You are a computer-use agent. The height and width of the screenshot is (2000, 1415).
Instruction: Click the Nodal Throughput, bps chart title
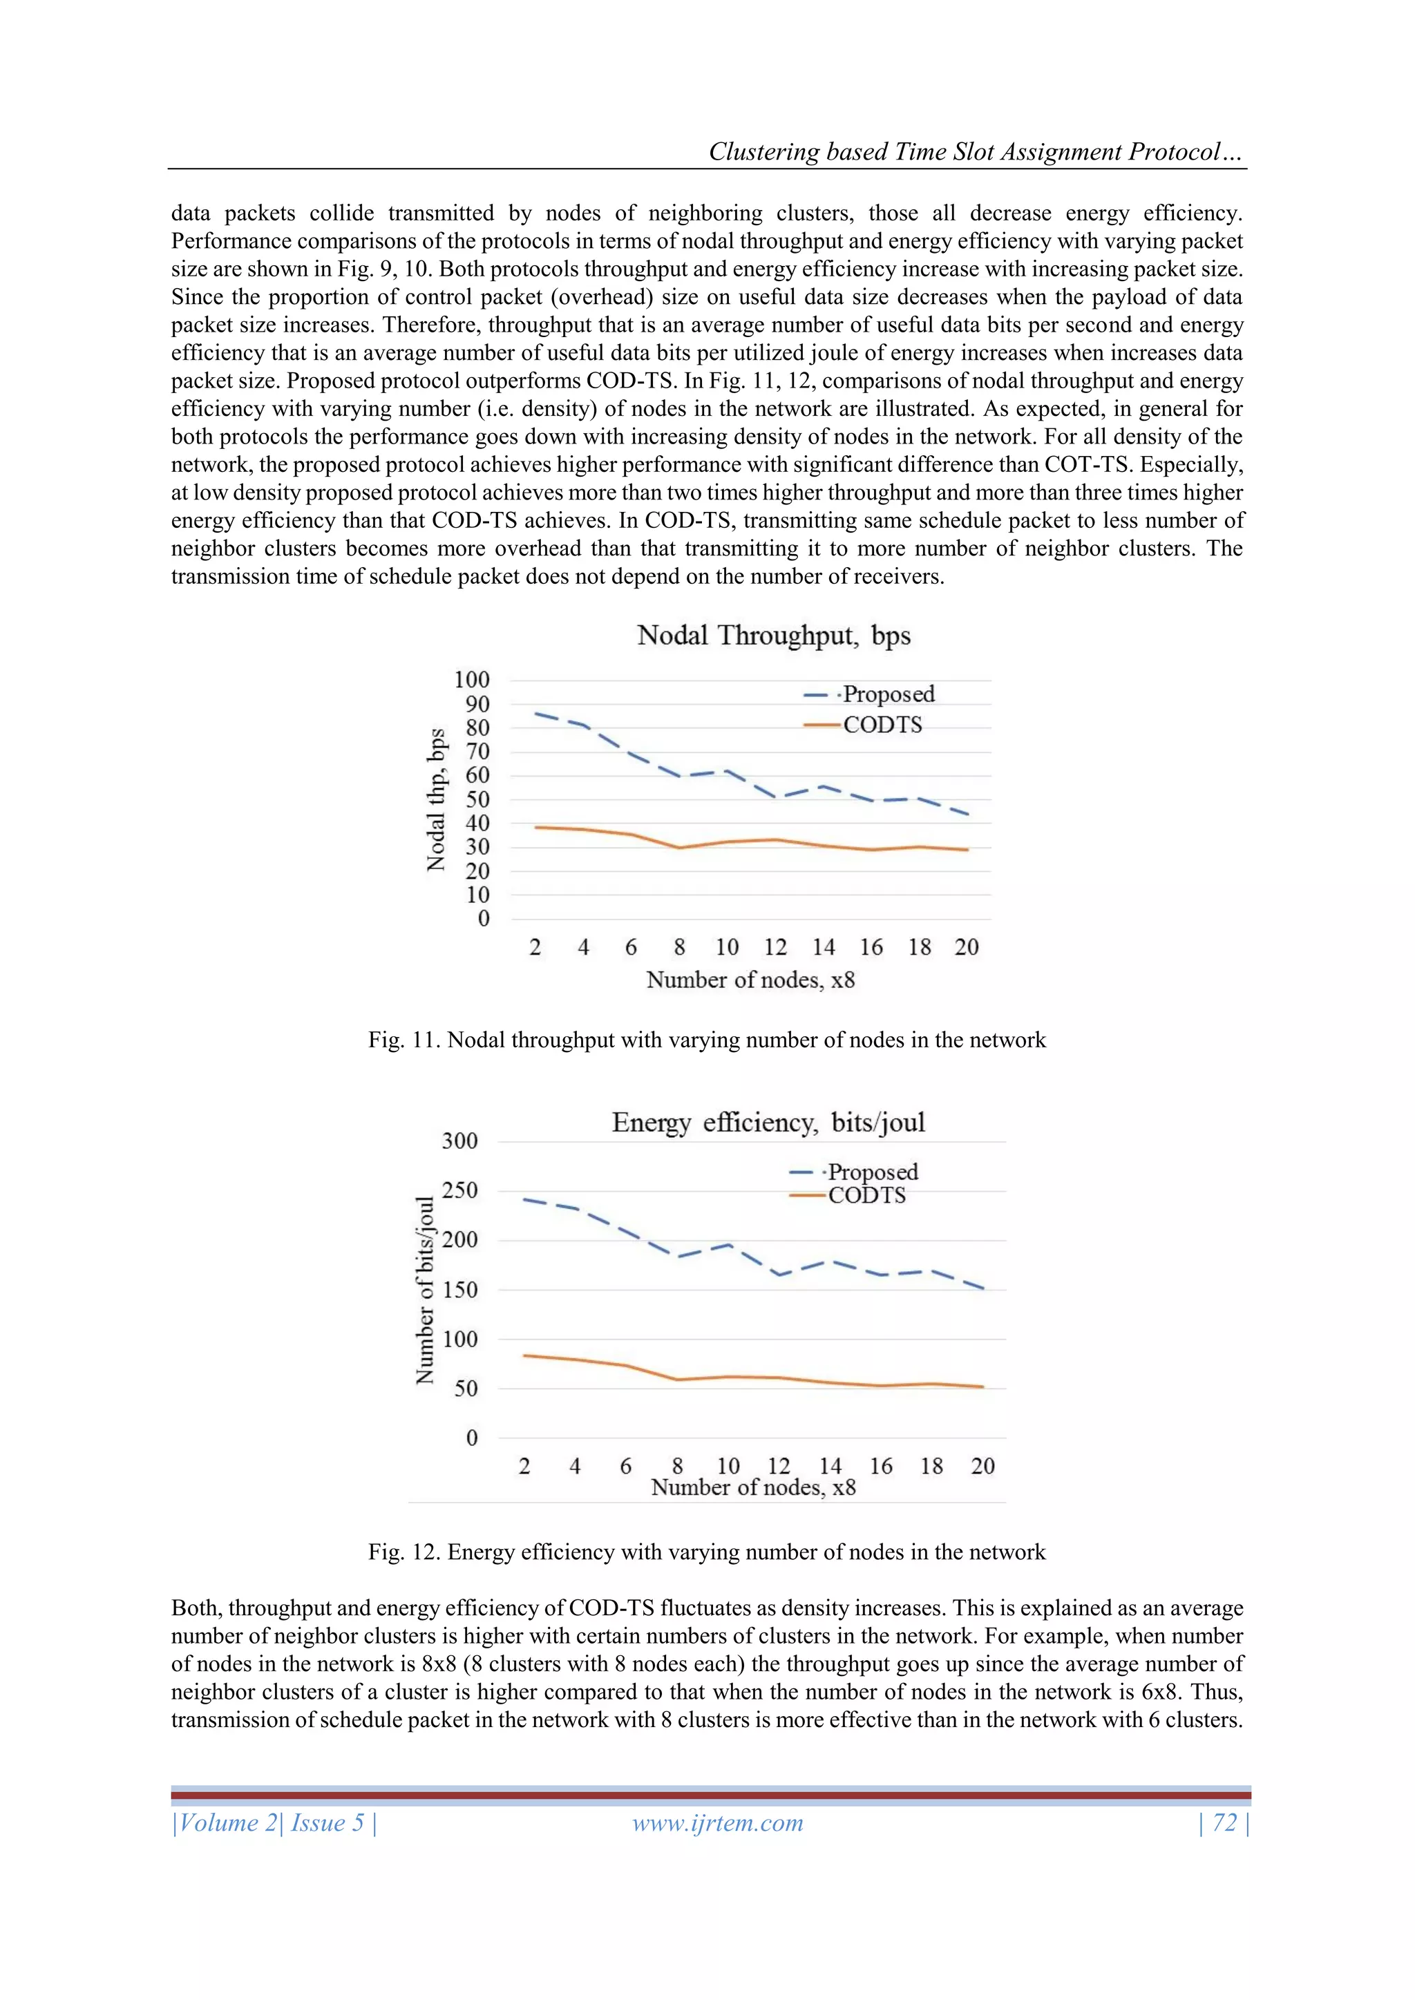[x=773, y=635]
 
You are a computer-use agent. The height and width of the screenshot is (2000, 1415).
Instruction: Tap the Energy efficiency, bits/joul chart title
[x=768, y=1122]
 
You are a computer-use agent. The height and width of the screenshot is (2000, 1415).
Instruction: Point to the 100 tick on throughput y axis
[x=471, y=679]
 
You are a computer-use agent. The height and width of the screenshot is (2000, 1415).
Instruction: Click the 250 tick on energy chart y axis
[x=459, y=1190]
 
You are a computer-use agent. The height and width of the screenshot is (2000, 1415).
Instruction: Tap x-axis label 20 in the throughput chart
[x=967, y=947]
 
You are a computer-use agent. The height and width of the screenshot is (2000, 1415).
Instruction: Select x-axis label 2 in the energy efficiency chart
[x=524, y=1466]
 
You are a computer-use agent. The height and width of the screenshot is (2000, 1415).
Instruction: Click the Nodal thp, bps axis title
[x=436, y=799]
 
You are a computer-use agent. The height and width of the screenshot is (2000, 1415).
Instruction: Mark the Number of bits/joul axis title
[x=424, y=1290]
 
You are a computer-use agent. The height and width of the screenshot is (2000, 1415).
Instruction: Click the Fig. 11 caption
[x=707, y=1040]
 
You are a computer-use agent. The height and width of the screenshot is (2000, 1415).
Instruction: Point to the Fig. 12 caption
[x=707, y=1552]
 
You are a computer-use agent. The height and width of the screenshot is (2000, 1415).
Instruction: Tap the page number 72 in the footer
[x=1224, y=1823]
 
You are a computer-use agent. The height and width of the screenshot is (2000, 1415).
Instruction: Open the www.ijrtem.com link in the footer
[x=717, y=1823]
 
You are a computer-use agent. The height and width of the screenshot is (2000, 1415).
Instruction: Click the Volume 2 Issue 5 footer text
[x=274, y=1823]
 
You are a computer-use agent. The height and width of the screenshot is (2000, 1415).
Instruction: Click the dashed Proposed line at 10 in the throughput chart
[x=728, y=771]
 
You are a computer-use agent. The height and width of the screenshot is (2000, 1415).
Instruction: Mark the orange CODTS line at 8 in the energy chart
[x=678, y=1379]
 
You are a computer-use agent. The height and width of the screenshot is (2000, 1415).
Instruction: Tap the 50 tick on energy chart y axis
[x=466, y=1389]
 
